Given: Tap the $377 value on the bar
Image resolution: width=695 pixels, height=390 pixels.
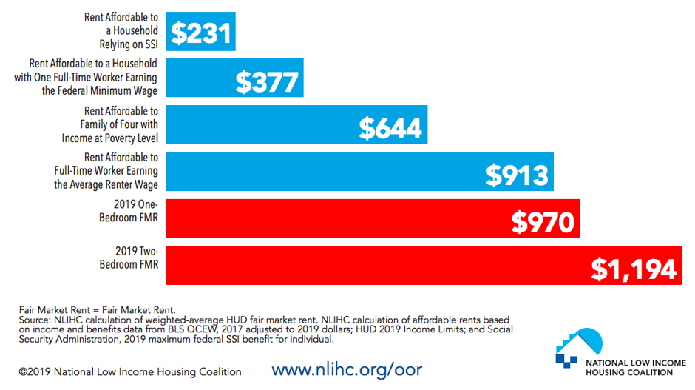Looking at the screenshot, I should (x=267, y=82).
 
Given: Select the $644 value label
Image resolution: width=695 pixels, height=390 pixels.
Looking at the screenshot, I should (x=390, y=129).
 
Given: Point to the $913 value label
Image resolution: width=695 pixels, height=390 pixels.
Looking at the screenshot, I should (x=517, y=175).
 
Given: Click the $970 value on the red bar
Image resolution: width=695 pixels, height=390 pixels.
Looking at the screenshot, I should (x=543, y=221).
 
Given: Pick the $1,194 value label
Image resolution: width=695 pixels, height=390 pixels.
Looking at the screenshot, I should (x=634, y=269).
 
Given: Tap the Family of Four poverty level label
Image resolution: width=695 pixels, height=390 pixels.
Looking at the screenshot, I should (x=110, y=124).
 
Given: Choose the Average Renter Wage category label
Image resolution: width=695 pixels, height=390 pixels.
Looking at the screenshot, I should (x=106, y=171).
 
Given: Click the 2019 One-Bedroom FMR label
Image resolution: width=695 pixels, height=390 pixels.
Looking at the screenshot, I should (x=129, y=211).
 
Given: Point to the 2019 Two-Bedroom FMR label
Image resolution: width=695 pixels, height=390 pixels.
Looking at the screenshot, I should (x=129, y=258).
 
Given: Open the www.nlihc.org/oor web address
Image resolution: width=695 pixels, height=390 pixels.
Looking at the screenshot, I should (x=347, y=370).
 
